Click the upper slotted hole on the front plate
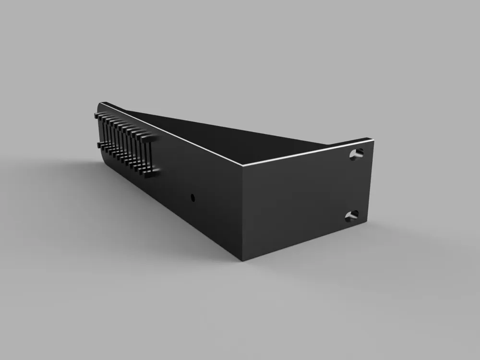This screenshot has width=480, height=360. coord(356,154)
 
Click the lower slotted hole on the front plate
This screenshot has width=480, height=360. coord(351,216)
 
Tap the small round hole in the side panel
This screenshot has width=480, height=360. coord(193,197)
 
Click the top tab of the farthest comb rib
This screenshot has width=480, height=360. coord(97,115)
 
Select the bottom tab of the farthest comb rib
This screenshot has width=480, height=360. coord(99,144)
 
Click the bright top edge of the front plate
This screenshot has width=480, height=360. coord(307,152)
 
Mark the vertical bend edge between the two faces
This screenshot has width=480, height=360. coord(242,211)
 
